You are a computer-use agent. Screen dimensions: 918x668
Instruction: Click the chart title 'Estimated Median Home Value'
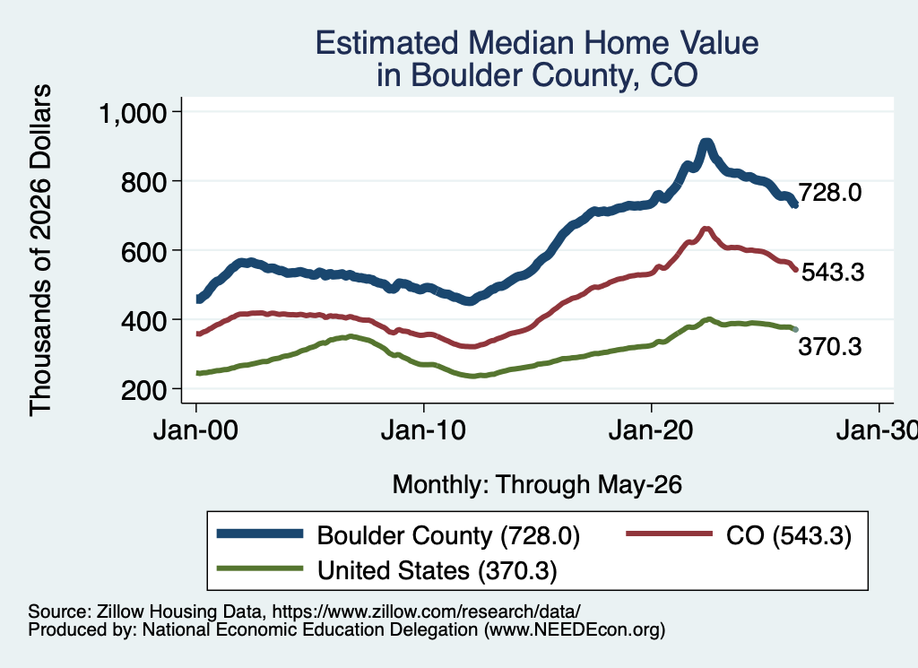(x=537, y=43)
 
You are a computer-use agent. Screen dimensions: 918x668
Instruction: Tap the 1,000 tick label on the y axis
(x=134, y=112)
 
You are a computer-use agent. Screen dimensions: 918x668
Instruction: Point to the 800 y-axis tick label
(x=144, y=181)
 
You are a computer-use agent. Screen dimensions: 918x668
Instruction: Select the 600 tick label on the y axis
(x=144, y=251)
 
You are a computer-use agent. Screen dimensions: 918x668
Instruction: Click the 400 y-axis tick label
(x=144, y=320)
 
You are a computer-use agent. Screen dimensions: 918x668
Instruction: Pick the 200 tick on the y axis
(x=144, y=390)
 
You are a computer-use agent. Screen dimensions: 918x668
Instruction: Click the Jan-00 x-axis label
(x=195, y=430)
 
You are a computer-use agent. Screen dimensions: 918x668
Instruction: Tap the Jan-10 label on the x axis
(x=423, y=430)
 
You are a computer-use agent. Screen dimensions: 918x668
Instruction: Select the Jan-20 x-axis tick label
(x=651, y=430)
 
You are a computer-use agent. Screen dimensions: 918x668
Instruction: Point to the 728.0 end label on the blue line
(x=829, y=192)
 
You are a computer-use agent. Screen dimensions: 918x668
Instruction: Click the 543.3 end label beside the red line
(x=833, y=273)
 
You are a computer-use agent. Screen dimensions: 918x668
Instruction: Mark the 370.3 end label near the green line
(x=829, y=347)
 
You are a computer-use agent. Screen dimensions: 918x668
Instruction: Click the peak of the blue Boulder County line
(x=706, y=143)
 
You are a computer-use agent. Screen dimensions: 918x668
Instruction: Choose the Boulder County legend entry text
(x=448, y=535)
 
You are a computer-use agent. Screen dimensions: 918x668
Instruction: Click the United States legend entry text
(x=437, y=571)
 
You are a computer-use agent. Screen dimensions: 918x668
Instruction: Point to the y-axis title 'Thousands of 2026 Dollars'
(x=40, y=250)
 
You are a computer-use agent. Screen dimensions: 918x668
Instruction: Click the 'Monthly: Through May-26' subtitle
(x=537, y=485)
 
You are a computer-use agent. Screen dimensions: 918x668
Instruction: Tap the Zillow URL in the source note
(x=426, y=612)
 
